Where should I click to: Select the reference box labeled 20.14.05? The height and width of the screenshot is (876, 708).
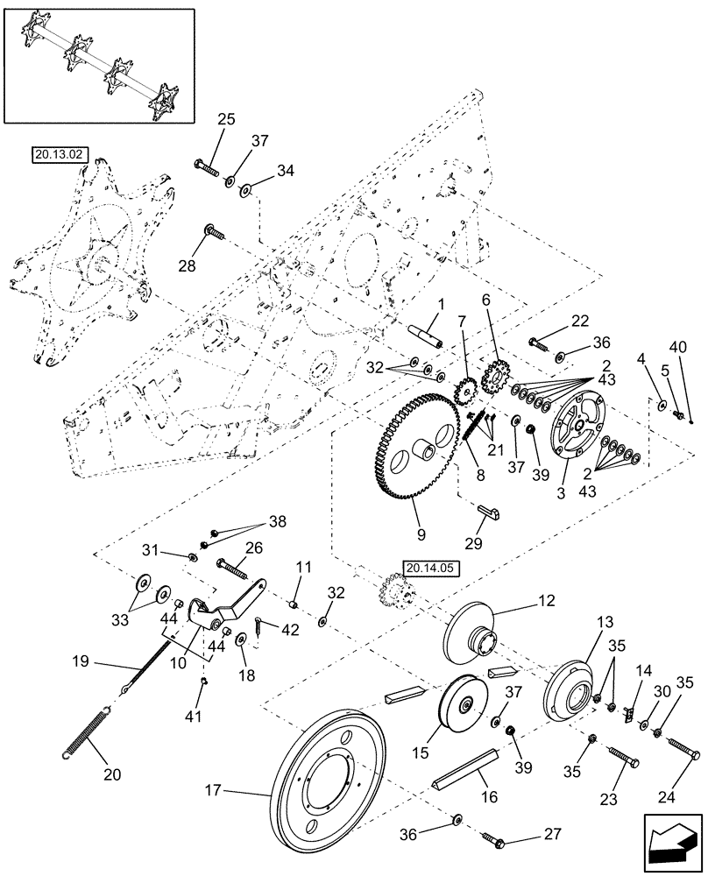pyautogui.click(x=426, y=567)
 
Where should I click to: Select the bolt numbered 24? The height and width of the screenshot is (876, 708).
pyautogui.click(x=684, y=747)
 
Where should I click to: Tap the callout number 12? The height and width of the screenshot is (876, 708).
pyautogui.click(x=548, y=601)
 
